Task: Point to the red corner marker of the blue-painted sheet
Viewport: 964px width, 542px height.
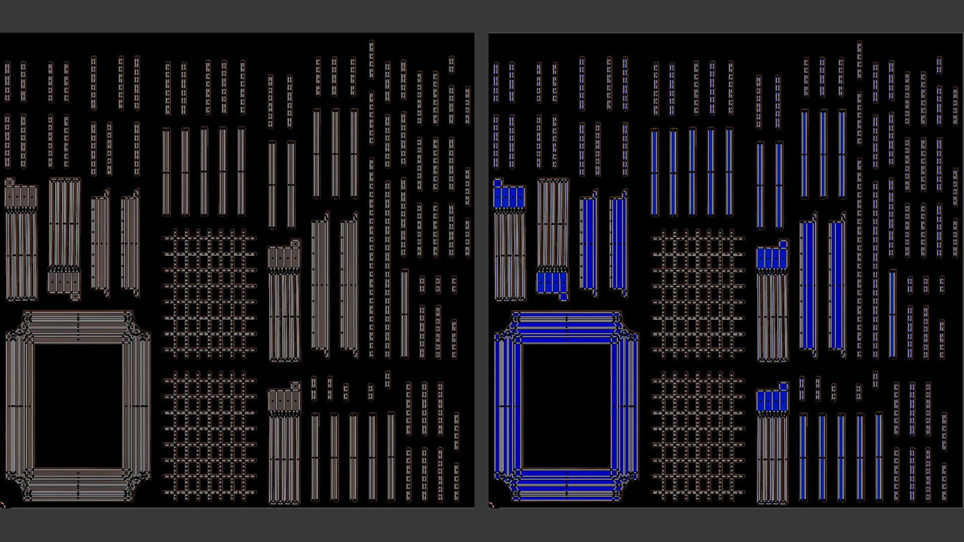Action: [x=491, y=505]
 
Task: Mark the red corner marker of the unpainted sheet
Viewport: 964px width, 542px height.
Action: [x=3, y=505]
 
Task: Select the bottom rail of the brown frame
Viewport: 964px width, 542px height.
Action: [x=78, y=484]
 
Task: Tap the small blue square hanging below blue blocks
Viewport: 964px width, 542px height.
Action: [x=563, y=297]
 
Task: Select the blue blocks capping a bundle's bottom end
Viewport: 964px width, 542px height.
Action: [x=552, y=282]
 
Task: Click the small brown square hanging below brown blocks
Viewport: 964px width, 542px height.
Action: [x=75, y=297]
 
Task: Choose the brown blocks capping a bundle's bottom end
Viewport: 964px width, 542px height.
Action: [x=64, y=282]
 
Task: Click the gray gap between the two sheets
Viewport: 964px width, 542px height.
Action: [x=481, y=271]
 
